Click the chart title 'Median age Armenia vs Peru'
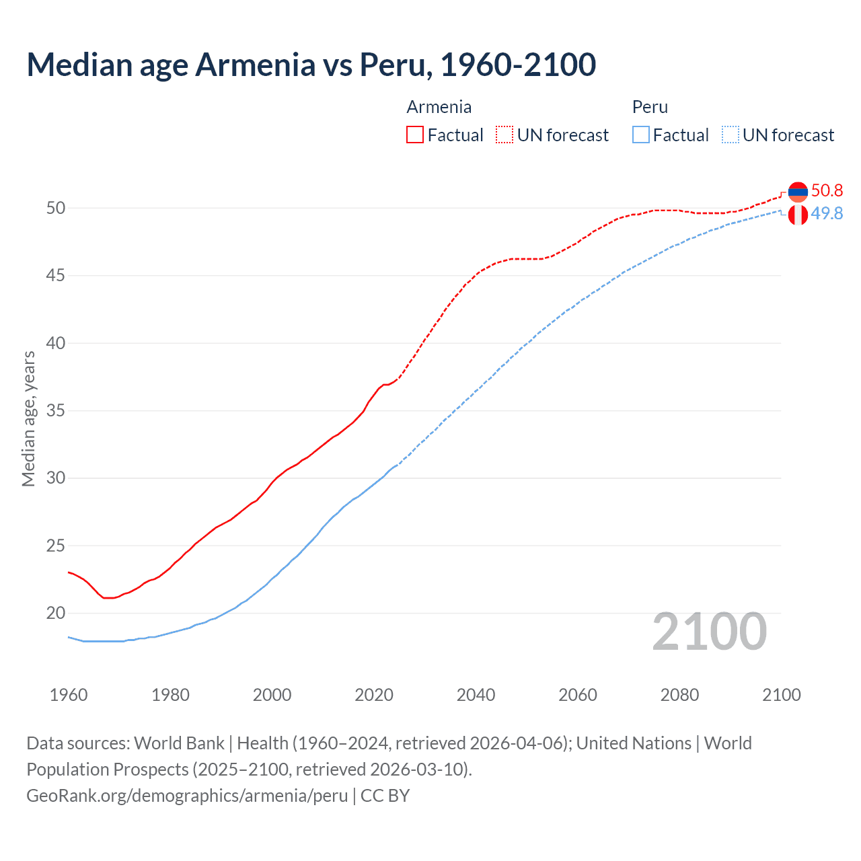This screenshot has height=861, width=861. pos(311,65)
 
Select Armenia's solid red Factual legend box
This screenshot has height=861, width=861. pos(415,135)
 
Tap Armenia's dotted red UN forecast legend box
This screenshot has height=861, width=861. pos(504,135)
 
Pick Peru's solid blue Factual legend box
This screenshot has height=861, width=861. pos(641,135)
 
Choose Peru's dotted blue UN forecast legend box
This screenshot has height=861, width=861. pos(731,135)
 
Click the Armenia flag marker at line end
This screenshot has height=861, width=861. pos(798,192)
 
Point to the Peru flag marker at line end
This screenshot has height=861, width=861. pos(798,215)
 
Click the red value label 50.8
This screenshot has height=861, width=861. pos(827,191)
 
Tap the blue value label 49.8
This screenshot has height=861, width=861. pos(827,214)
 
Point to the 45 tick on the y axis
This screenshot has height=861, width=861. pos(56,276)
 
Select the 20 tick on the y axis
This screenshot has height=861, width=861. pos(56,613)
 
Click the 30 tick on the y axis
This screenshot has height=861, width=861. pos(56,478)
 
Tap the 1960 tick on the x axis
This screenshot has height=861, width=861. pos(69,695)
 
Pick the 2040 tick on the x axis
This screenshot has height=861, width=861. pos(476,695)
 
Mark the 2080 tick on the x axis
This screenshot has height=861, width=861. pos(679,695)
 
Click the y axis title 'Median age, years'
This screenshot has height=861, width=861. pos(28,418)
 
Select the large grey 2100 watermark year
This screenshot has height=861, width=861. pos(709,632)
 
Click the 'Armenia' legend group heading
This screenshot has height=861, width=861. pos(439,107)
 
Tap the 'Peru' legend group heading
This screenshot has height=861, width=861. pos(650,107)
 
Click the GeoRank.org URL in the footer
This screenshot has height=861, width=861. pos(187,796)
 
